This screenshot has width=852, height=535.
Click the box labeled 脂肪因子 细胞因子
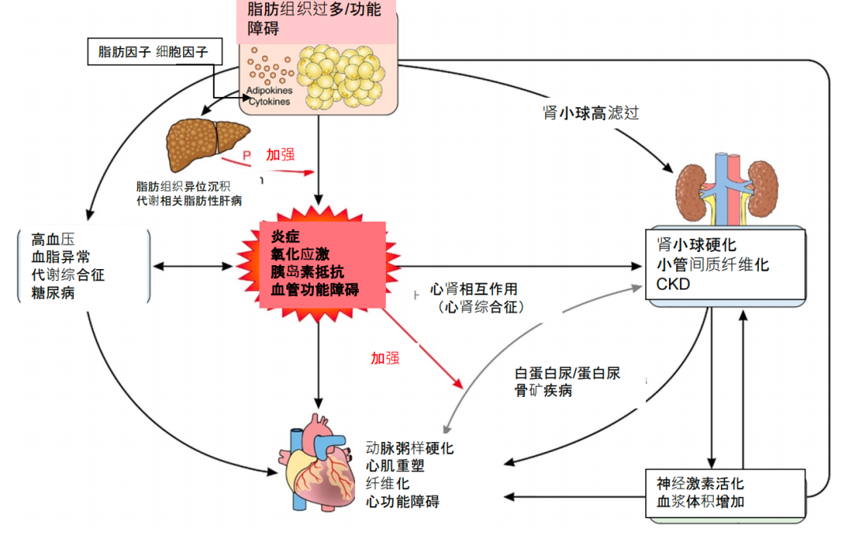[x=153, y=53]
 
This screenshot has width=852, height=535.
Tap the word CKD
[x=673, y=284]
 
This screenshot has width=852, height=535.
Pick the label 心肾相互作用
[x=473, y=290]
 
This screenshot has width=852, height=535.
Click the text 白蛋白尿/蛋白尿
[x=567, y=372]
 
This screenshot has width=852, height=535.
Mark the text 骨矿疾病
[x=544, y=391]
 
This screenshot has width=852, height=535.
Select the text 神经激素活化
[x=700, y=483]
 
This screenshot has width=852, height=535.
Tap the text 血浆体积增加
[x=700, y=501]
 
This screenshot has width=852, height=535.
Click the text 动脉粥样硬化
[x=409, y=447]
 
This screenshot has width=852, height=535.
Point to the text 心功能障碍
[x=402, y=501]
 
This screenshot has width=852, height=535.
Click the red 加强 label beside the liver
[x=280, y=155]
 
